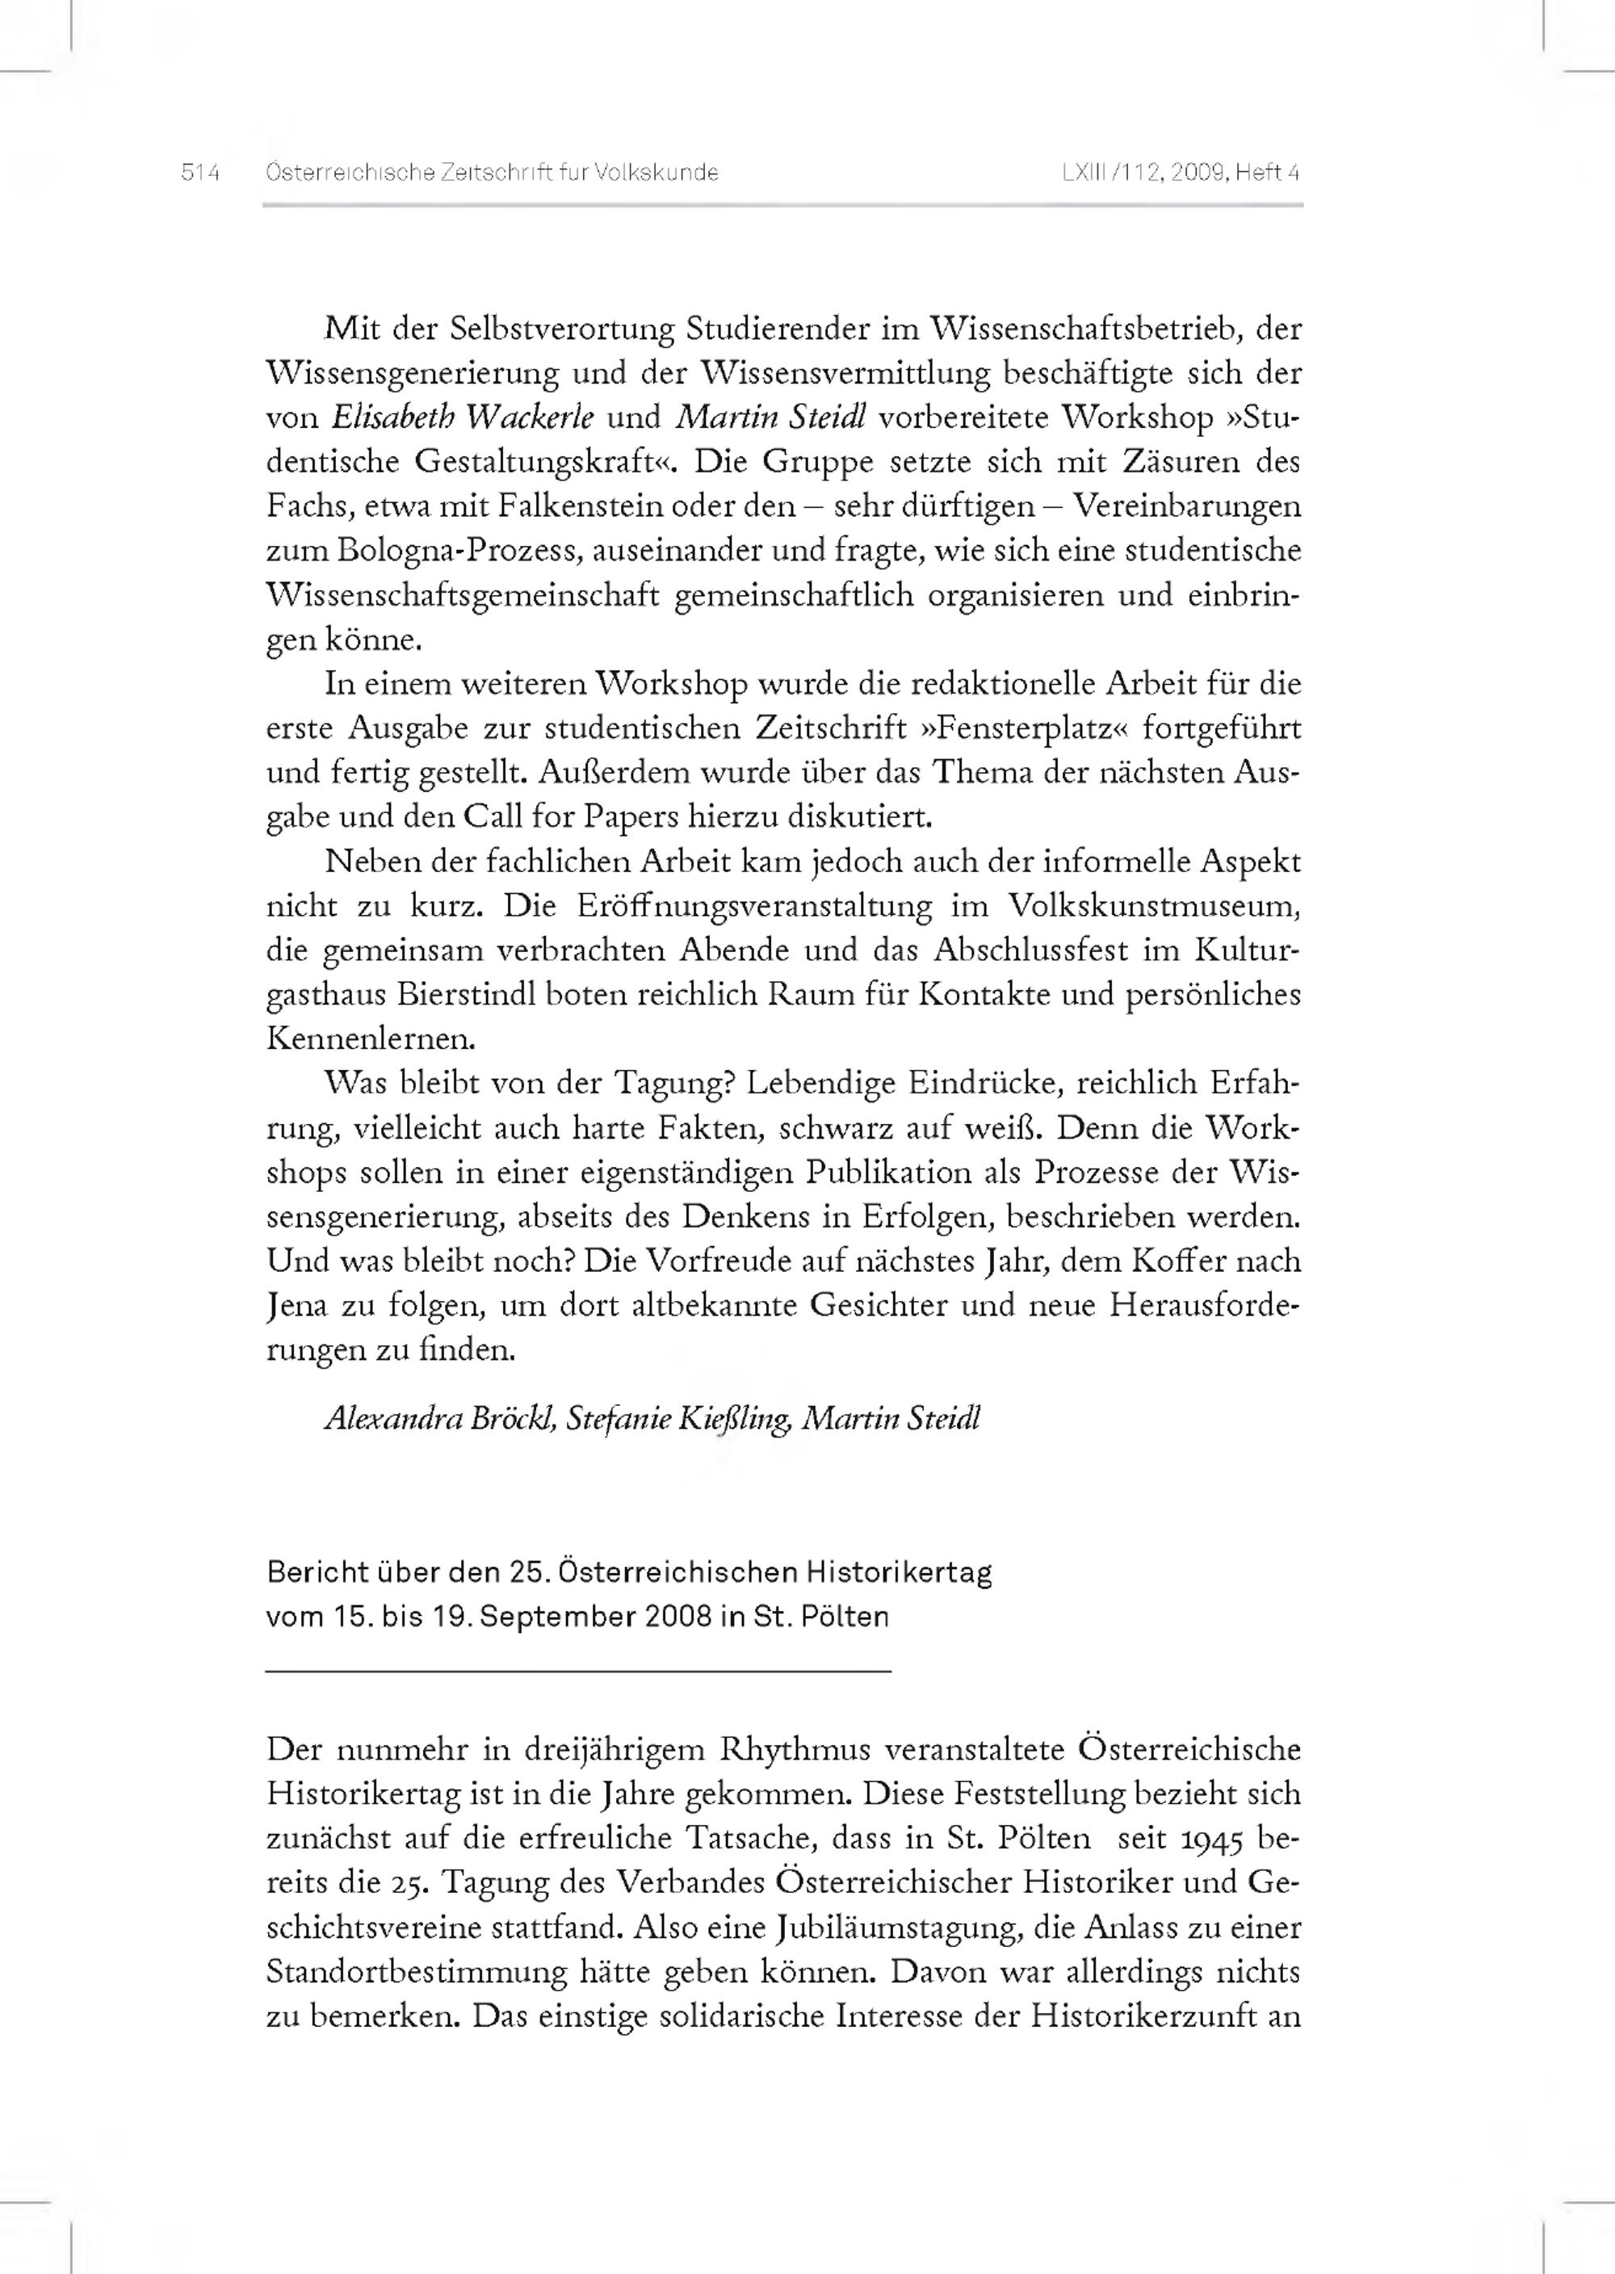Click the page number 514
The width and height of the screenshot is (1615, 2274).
coord(200,173)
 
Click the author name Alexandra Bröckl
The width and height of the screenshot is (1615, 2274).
coord(439,1419)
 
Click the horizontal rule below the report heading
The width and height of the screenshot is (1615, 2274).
coord(578,1672)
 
